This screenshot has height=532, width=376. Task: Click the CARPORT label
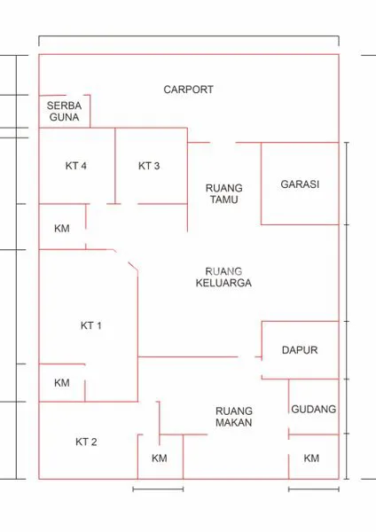188,90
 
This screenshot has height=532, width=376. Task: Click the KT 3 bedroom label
149,166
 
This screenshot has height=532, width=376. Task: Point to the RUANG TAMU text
224,194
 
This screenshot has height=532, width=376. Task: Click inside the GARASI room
300,184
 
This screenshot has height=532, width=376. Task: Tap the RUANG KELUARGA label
224,278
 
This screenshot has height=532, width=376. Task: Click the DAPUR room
300,350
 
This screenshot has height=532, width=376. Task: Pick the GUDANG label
314,410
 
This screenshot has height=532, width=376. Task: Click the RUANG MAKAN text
234,417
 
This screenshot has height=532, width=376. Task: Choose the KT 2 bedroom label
86,442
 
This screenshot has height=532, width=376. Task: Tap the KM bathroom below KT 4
62,229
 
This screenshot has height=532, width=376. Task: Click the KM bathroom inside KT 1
62,383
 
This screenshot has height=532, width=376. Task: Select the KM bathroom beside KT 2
160,458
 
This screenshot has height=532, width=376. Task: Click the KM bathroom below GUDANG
312,458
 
